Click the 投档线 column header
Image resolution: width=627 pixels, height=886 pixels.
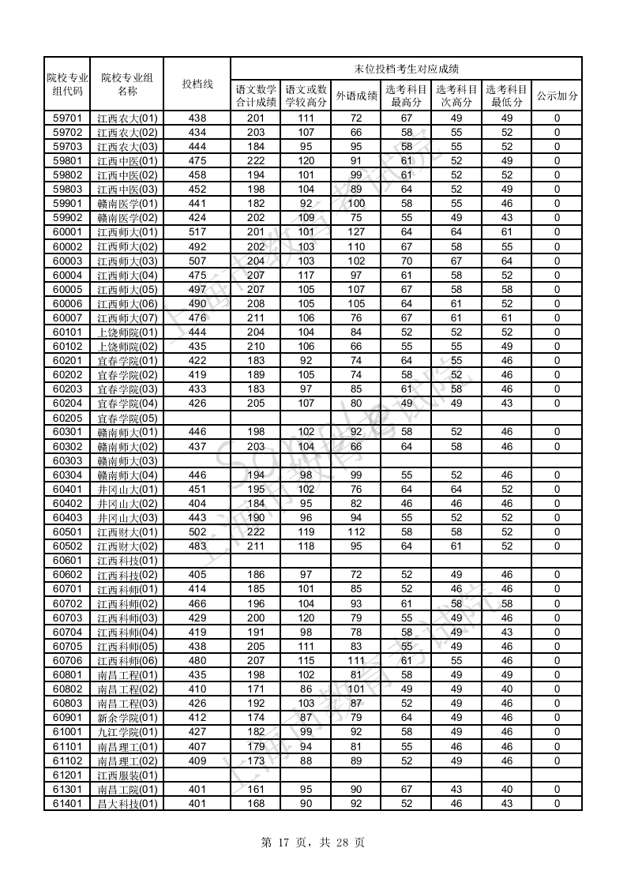click(197, 84)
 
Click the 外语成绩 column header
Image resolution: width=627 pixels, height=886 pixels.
click(356, 96)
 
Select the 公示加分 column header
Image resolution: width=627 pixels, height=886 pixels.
click(557, 96)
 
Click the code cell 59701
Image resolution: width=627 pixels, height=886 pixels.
click(67, 118)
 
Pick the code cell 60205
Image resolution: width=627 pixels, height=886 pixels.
click(67, 418)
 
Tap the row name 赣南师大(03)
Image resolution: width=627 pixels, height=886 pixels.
click(127, 461)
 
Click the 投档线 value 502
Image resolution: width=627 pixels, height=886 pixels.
click(197, 532)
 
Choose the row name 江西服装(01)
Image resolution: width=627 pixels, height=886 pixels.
click(127, 775)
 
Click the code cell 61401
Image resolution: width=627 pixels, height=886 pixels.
click(67, 804)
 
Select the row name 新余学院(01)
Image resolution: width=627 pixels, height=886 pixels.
click(127, 718)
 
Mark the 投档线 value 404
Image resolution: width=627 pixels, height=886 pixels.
click(197, 504)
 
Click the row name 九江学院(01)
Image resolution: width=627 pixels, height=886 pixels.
click(127, 732)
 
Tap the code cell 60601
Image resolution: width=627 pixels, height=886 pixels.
click(67, 561)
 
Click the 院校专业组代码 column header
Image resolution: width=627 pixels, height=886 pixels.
click(67, 84)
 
